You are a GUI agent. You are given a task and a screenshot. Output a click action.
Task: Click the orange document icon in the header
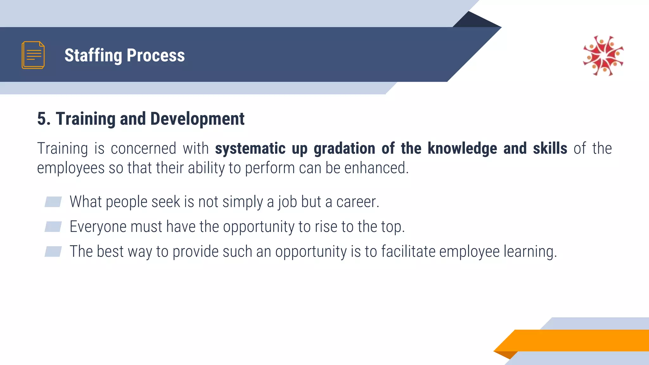tap(33, 55)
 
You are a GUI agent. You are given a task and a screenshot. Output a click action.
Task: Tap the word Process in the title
tap(156, 55)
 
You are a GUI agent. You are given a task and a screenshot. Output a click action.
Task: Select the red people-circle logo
tap(603, 56)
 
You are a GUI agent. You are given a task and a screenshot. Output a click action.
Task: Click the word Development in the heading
tap(197, 119)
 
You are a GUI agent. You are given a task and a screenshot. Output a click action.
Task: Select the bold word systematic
tap(250, 149)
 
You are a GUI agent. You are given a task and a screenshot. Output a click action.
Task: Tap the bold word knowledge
tap(462, 149)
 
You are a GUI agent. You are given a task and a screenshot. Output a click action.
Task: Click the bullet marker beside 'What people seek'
tap(53, 202)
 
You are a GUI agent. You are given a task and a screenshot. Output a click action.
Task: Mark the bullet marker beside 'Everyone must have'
tap(53, 227)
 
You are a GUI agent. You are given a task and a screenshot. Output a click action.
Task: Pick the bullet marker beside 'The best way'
tap(53, 251)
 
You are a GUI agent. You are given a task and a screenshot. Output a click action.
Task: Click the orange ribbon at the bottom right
tap(577, 340)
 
